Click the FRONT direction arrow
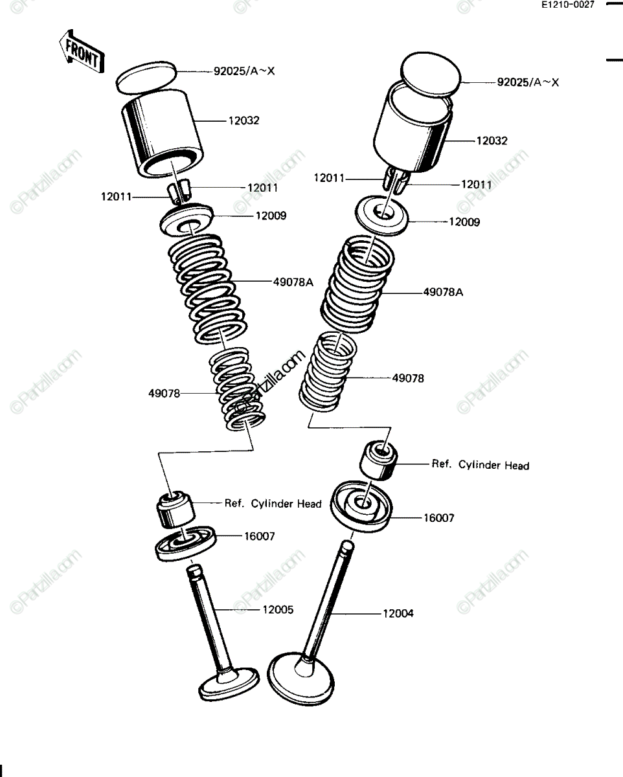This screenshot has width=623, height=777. (82, 51)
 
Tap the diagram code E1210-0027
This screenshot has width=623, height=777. (567, 5)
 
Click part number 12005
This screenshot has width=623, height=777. (278, 610)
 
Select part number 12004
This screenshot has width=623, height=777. (398, 613)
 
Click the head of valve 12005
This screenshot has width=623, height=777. (229, 684)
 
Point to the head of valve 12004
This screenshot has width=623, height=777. (300, 679)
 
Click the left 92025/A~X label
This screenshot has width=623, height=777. (244, 71)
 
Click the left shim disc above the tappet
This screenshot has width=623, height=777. (146, 78)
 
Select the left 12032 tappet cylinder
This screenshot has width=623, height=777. (161, 133)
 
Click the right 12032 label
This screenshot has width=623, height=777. (492, 141)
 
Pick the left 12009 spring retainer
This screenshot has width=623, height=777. (187, 221)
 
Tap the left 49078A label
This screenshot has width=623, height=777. (293, 282)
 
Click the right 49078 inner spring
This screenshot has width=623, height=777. (328, 372)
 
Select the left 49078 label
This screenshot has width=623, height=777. (164, 393)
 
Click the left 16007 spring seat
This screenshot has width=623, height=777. (186, 544)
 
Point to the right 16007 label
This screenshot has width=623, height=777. (439, 518)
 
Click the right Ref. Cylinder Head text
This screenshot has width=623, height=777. (481, 464)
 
